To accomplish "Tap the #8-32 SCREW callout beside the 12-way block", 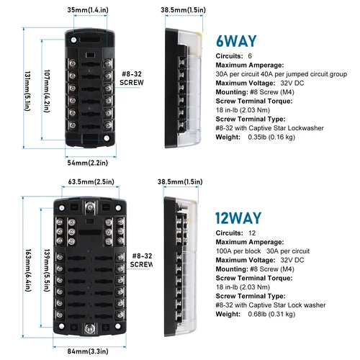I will (x=140, y=260).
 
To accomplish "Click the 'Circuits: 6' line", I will (x=235, y=55).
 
